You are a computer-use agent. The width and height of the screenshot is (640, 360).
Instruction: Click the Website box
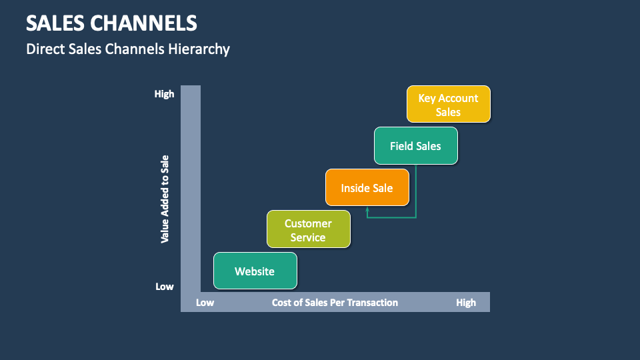[x=255, y=271]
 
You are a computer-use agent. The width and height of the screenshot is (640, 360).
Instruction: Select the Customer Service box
[x=308, y=230]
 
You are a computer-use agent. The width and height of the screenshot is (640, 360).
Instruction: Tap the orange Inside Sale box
[x=367, y=188]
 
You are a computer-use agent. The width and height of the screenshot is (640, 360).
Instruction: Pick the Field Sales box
[x=415, y=146]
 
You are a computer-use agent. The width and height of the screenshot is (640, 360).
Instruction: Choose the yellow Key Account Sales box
[x=448, y=105]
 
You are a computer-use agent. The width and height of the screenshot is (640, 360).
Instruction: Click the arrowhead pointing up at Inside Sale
[x=367, y=210]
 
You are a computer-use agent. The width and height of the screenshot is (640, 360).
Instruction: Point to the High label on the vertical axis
[x=164, y=94]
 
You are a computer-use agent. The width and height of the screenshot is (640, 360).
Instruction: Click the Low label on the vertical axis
[x=165, y=287]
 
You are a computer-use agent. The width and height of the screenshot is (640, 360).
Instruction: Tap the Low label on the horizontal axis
[x=205, y=303]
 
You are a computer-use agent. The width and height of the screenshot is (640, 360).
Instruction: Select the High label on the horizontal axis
[x=466, y=303]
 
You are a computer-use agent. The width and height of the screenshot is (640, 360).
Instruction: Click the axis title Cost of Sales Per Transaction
[x=335, y=303]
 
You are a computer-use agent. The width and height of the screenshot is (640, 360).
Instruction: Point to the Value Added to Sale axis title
[x=165, y=199]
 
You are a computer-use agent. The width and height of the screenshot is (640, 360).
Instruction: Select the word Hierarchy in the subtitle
[x=201, y=49]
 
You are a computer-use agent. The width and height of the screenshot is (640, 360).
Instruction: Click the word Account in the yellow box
[x=458, y=98]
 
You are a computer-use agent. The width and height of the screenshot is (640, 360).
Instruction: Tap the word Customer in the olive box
[x=308, y=223]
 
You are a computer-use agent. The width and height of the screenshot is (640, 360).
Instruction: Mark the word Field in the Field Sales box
[x=401, y=146]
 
